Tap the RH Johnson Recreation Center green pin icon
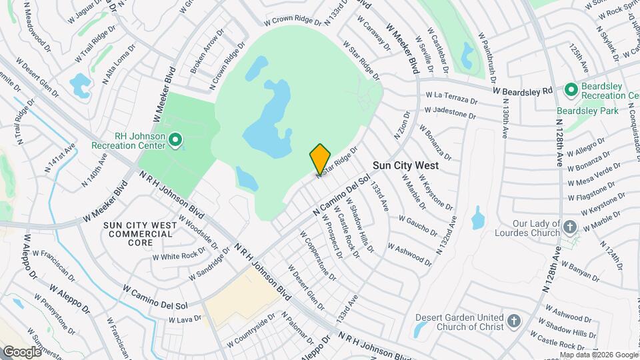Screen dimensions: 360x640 [175, 140]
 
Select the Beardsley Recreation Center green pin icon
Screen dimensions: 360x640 [571, 89]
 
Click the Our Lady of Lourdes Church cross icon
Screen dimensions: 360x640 [570, 227]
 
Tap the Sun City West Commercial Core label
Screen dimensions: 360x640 [140, 234]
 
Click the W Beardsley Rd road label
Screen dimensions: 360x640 [523, 90]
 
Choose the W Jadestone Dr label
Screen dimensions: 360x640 [450, 112]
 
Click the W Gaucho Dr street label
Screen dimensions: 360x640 [419, 227]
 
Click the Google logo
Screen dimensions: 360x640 [21, 351]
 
